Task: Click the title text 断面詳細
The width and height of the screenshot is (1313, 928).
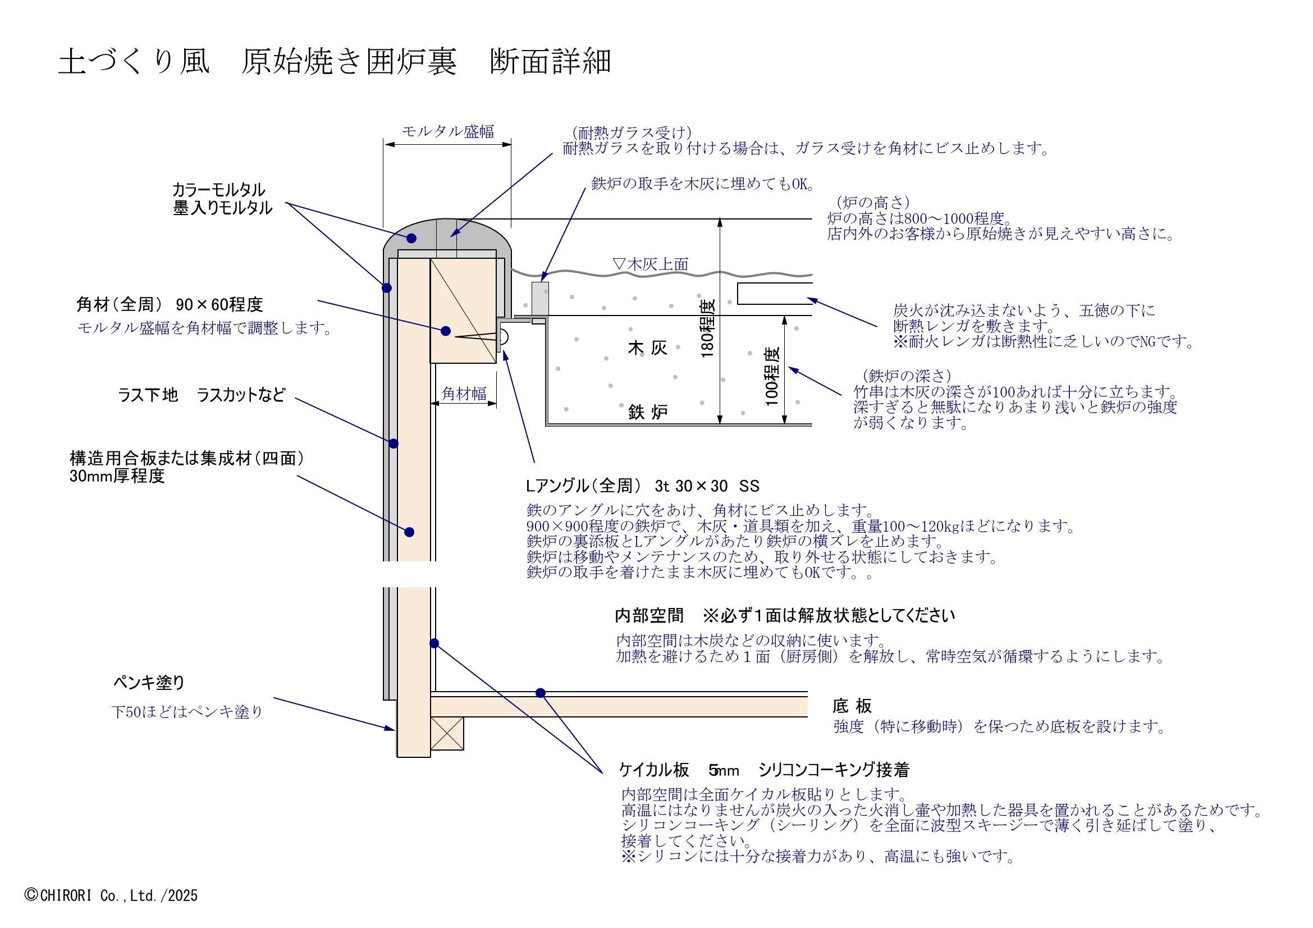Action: click(550, 62)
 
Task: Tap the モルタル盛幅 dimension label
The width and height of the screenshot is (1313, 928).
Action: click(447, 131)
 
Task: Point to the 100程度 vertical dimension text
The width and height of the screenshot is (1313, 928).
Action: click(772, 376)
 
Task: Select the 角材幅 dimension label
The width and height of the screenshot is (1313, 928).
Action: click(464, 394)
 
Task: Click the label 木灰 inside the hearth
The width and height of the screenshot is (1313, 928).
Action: click(647, 348)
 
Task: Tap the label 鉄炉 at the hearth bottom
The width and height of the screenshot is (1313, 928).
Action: click(647, 412)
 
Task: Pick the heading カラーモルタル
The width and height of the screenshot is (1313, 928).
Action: click(219, 189)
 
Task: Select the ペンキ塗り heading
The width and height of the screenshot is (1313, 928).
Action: click(149, 682)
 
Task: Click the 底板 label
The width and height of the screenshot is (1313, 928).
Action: click(852, 706)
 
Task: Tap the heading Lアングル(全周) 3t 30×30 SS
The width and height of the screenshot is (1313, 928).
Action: click(642, 486)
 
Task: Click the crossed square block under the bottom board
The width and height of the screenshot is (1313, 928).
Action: click(447, 734)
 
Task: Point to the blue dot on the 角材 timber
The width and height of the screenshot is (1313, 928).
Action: click(446, 331)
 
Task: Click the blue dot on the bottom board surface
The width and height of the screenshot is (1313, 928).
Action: click(541, 693)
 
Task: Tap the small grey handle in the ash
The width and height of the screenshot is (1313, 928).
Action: click(540, 298)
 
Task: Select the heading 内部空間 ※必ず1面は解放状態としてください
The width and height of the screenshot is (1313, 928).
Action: click(785, 616)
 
